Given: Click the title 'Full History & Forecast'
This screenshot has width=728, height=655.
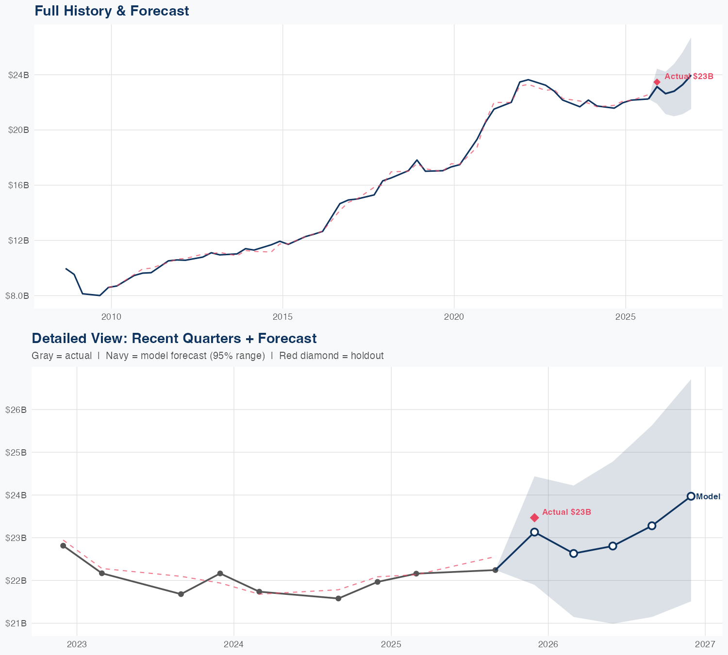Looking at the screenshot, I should (112, 11).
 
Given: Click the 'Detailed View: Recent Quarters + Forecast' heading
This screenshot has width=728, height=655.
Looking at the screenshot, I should (174, 338).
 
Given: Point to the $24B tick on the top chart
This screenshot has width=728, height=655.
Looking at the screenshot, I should (18, 75).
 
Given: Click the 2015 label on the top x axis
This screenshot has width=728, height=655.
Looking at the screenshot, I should (282, 317).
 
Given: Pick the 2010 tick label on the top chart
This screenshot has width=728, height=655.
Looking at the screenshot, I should (111, 317).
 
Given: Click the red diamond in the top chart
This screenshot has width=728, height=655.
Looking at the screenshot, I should (657, 82).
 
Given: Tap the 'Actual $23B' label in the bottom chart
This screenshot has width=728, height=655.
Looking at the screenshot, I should (566, 512).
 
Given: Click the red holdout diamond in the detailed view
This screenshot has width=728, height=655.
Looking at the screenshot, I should (534, 518).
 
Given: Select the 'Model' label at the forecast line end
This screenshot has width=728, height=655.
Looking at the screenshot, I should (708, 496).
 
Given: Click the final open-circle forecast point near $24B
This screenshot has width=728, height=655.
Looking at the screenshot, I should (691, 496).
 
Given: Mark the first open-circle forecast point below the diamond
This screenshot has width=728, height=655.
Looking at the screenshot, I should (534, 532).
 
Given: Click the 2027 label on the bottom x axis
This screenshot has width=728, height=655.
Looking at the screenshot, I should (705, 644).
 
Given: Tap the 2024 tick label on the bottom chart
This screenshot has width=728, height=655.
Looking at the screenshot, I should (233, 644).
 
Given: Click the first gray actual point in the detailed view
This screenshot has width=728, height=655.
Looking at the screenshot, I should (63, 546).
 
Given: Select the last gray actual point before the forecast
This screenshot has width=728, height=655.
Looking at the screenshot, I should (495, 570).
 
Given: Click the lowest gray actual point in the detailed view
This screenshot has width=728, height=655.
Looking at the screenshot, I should (338, 598).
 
